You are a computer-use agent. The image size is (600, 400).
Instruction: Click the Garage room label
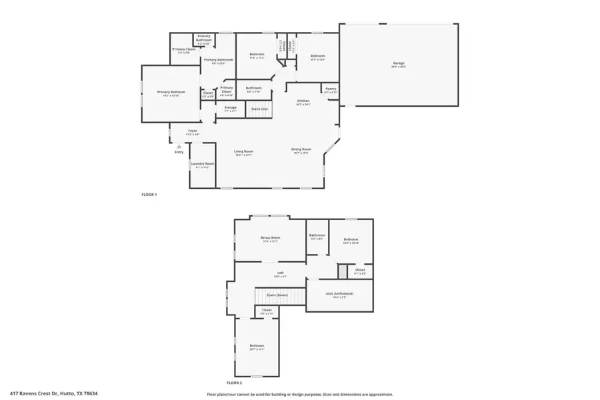click(398, 63)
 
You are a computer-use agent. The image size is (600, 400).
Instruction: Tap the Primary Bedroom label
click(171, 92)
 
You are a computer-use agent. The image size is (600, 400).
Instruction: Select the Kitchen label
click(303, 101)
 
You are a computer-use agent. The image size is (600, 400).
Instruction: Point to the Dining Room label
click(301, 149)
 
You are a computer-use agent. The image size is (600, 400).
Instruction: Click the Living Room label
click(243, 151)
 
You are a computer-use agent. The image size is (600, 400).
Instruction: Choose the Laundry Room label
click(202, 164)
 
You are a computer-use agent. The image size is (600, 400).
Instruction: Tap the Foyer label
click(192, 131)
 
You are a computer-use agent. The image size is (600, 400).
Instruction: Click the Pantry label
click(331, 89)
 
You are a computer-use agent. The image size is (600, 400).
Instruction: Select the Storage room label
click(230, 107)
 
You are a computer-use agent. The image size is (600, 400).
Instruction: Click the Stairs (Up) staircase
click(260, 109)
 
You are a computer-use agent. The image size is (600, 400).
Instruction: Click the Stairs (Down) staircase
click(277, 295)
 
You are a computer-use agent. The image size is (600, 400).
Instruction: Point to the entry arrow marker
click(179, 146)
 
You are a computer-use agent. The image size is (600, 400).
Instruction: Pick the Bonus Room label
click(270, 237)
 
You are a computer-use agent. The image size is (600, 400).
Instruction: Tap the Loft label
click(281, 273)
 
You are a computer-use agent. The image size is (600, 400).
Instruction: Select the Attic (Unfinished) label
click(339, 294)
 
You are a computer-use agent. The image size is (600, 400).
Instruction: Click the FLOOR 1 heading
click(149, 195)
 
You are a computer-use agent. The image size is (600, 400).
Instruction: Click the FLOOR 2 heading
click(234, 383)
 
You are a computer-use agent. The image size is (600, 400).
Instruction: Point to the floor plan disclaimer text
click(299, 394)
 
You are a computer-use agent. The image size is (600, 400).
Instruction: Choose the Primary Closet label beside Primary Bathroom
click(183, 49)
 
